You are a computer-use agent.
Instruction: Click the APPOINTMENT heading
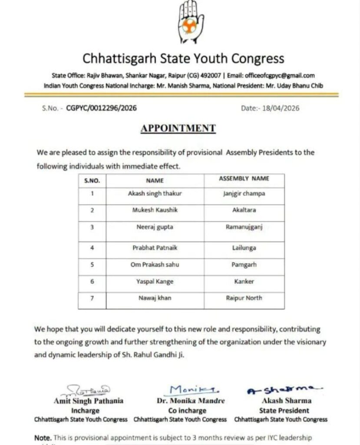coord(178,128)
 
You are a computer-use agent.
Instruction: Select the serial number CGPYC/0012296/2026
coord(101,108)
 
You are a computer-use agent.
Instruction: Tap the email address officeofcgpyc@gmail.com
coord(280,75)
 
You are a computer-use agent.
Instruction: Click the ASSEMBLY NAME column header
coord(244,179)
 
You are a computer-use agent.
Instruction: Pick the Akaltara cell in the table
coord(244,210)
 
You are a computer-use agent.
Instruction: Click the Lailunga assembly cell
coord(244,248)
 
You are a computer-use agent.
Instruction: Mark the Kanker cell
coord(244,282)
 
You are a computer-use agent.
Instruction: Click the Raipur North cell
coord(244,298)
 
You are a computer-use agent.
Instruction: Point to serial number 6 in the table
coord(92,282)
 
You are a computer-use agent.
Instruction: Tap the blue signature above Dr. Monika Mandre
coord(188,389)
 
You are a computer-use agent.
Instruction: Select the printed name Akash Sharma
coord(281,401)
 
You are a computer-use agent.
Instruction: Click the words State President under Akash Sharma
coord(281,410)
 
